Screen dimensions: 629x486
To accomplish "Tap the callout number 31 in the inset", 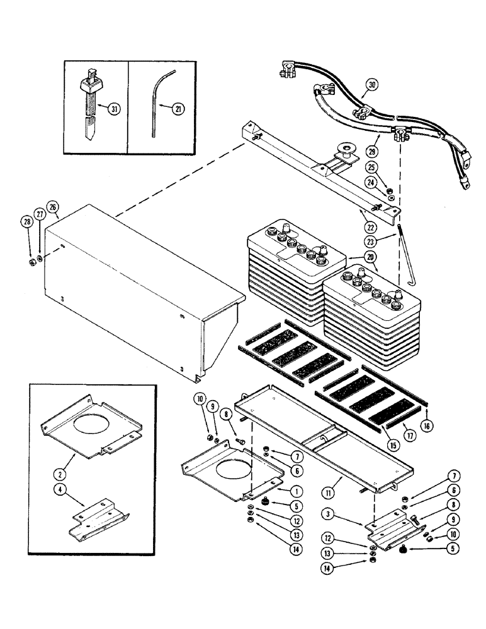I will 114,109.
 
